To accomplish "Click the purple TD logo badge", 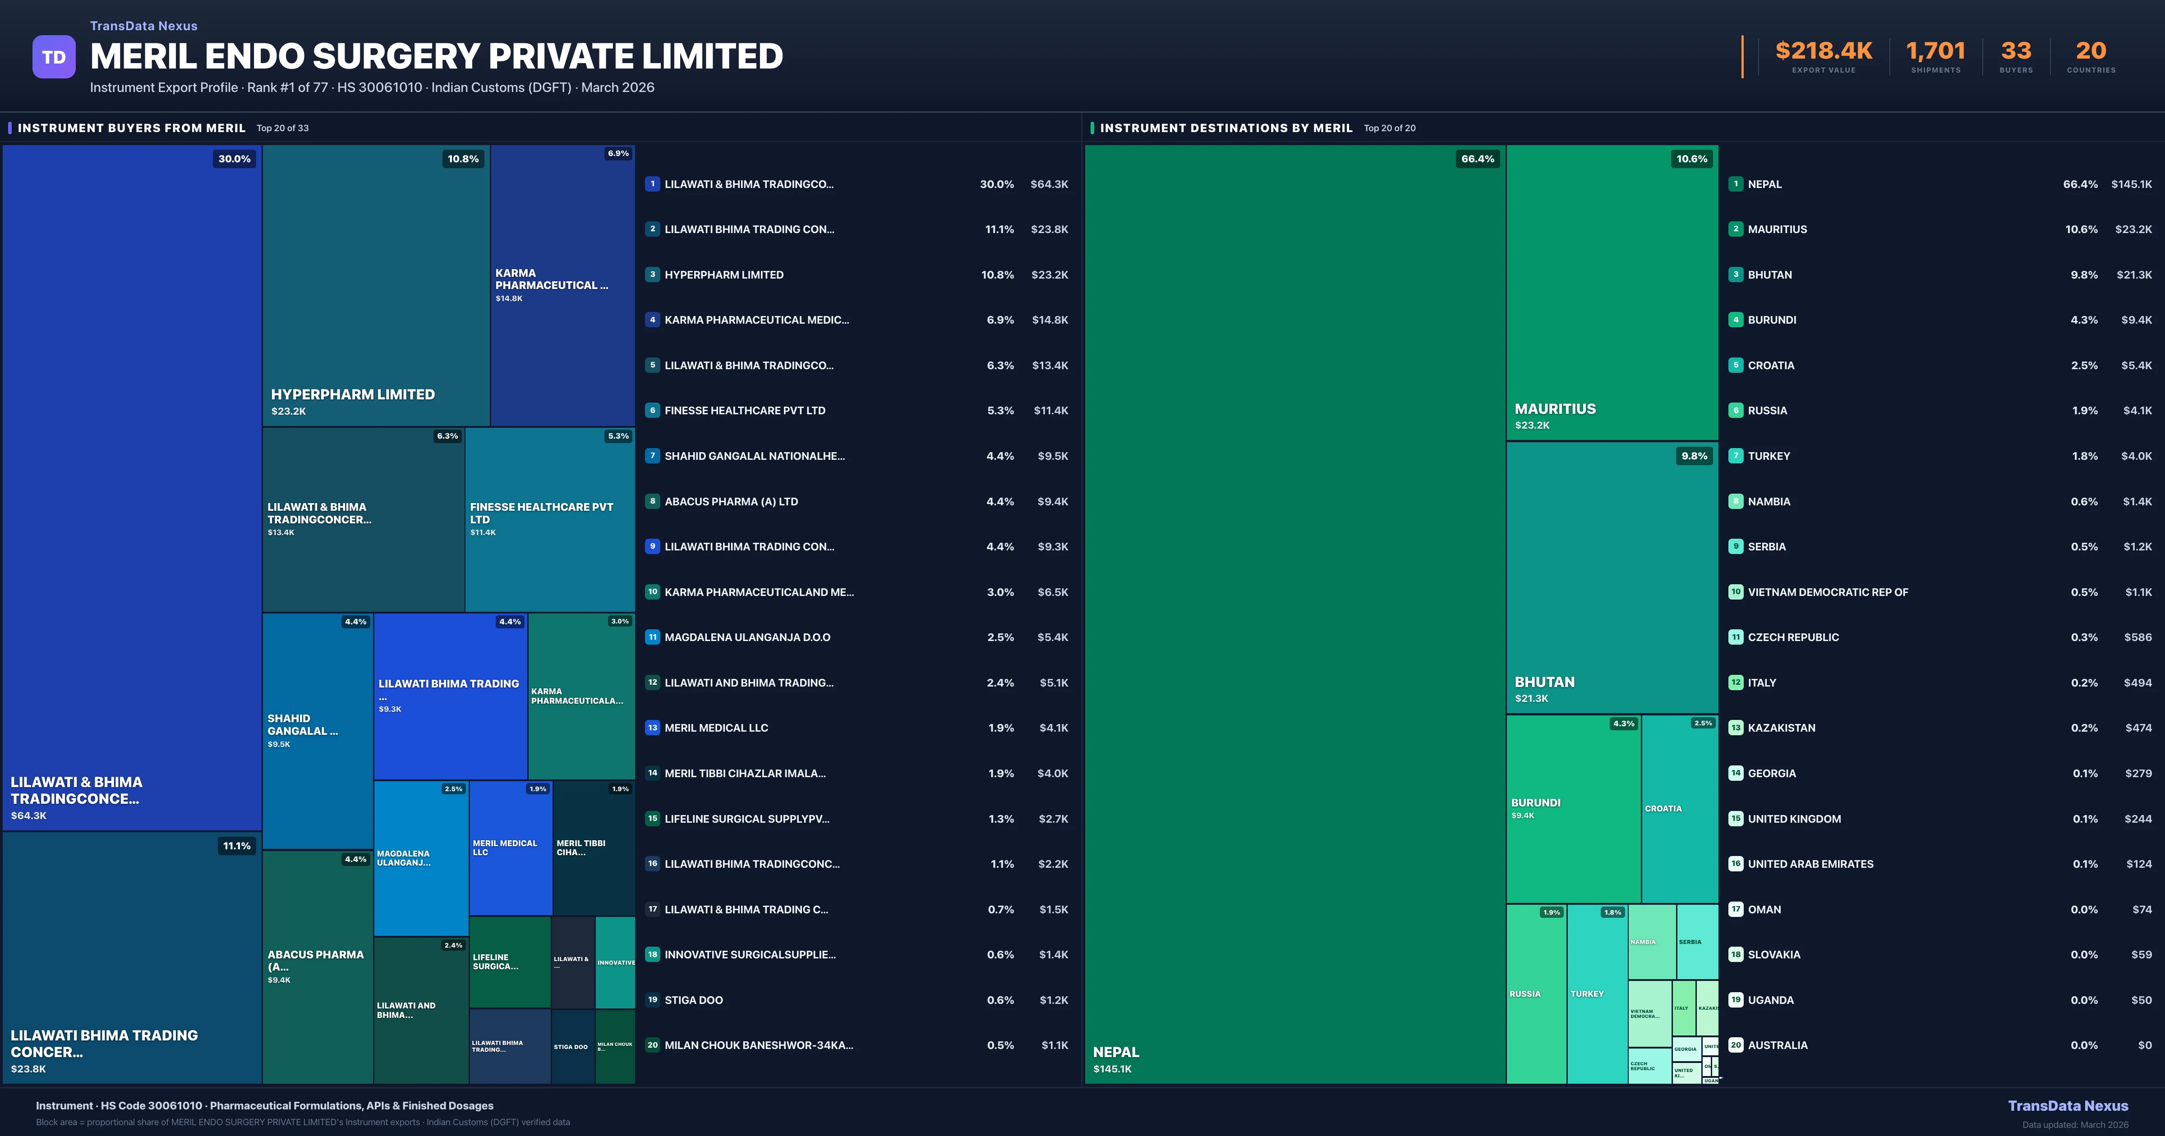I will [54, 57].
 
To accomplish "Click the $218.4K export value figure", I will [1823, 51].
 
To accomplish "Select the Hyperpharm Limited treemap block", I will [376, 286].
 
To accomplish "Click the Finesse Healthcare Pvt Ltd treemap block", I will [550, 519].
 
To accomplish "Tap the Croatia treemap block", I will [1679, 808].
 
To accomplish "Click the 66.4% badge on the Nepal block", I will [1477, 159].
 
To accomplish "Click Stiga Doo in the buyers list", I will [693, 1000].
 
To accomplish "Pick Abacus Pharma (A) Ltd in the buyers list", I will [731, 502].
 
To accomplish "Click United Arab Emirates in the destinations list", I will [1810, 864].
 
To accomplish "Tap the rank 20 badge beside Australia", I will [1736, 1045].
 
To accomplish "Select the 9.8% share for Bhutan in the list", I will [2083, 275].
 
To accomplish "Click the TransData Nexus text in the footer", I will [2068, 1106].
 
